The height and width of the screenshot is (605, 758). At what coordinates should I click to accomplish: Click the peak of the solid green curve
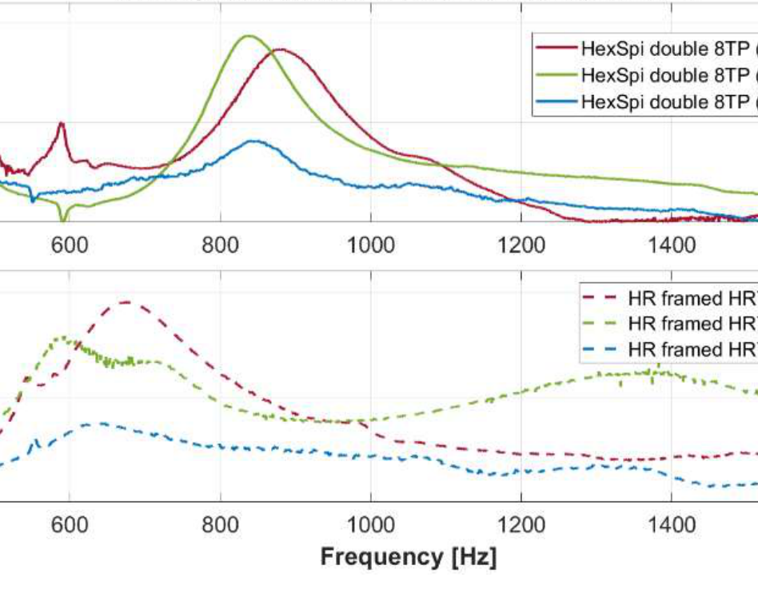248,36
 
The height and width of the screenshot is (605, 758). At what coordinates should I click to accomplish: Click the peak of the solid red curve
280,50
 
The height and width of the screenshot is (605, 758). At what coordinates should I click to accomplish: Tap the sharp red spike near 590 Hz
61,123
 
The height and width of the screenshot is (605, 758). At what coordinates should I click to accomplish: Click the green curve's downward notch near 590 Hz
63,218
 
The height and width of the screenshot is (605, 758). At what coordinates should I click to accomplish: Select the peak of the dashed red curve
126,302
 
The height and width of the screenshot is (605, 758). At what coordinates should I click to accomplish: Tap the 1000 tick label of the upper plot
370,244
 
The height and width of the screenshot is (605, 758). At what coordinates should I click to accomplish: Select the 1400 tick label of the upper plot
671,244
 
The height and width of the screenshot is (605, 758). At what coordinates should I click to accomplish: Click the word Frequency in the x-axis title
375,556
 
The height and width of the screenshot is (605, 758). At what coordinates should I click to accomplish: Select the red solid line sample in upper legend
557,49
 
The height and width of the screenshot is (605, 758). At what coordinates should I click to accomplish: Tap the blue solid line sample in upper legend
557,101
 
